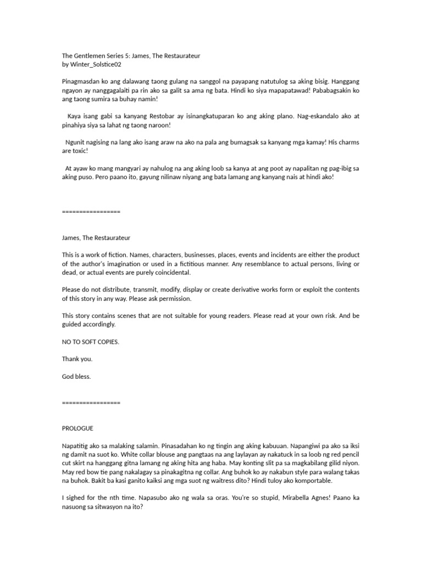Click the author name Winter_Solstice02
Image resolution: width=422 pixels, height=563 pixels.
96,64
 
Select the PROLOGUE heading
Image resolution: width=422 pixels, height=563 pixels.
77,428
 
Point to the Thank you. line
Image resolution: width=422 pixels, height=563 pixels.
77,358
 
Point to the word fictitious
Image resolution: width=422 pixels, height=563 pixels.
273,264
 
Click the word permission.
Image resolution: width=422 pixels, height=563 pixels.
175,299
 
